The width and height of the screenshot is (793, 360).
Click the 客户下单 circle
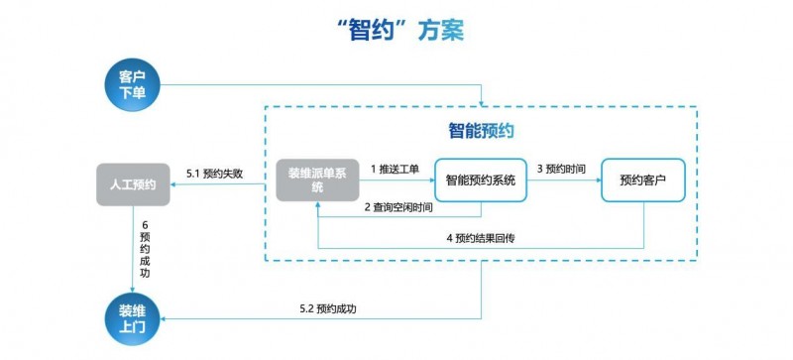(x=132, y=84)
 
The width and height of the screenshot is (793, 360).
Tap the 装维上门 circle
(x=132, y=316)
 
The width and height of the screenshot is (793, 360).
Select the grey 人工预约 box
(x=132, y=183)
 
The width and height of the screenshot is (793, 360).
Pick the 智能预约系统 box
(x=480, y=180)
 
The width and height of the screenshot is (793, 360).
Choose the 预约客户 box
(x=642, y=180)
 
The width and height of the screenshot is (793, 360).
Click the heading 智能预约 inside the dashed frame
(x=480, y=130)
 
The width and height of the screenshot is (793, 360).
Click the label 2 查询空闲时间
(x=397, y=207)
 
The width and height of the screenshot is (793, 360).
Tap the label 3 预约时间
(x=561, y=170)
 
